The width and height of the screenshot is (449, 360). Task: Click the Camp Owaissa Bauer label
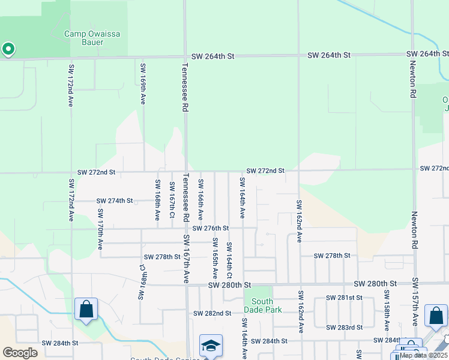92,38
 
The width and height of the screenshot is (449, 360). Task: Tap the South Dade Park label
259,306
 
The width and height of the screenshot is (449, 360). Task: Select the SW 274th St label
113,200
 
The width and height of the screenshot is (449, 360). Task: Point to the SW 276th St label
211,228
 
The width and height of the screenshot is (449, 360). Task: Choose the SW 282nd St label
212,313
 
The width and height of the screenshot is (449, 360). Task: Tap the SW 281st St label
344,298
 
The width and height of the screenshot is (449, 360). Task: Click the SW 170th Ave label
100,229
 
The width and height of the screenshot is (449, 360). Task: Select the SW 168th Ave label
157,199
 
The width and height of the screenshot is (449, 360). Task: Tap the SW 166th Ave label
200,198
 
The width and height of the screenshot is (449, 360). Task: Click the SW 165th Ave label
214,258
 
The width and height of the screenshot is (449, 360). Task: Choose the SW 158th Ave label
386,311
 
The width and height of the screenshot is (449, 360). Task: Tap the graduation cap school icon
211,346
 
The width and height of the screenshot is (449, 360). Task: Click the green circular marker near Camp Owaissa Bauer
8,49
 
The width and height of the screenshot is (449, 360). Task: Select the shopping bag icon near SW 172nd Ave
86,310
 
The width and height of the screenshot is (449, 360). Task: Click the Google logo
20,353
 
